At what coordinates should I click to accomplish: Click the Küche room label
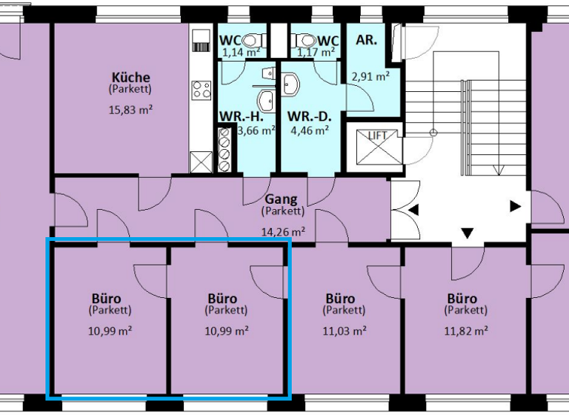click(x=131, y=77)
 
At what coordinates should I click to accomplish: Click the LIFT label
click(x=378, y=135)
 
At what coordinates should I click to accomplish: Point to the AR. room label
click(x=367, y=40)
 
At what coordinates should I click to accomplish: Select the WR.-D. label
click(x=308, y=116)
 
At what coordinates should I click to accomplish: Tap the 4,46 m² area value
click(x=310, y=130)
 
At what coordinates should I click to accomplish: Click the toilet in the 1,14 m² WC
click(x=253, y=40)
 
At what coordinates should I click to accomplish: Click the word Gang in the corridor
click(x=282, y=199)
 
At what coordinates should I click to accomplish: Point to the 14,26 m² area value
click(x=282, y=230)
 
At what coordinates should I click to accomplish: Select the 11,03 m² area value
click(x=345, y=330)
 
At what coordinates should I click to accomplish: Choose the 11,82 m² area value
click(x=467, y=330)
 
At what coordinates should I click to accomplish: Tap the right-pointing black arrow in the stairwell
click(x=515, y=207)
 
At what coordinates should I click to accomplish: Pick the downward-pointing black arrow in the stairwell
click(x=467, y=234)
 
